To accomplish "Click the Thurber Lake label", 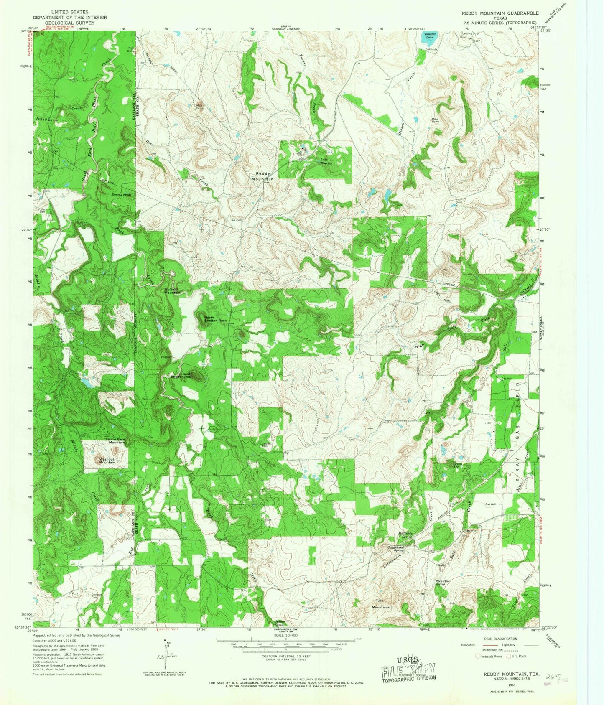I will [x=429, y=36].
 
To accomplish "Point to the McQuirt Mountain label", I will [x=172, y=291].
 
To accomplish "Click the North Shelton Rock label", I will [x=215, y=319].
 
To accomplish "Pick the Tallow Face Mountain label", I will [x=115, y=441].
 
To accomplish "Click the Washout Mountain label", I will [x=107, y=461].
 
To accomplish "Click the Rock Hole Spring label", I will [x=446, y=583].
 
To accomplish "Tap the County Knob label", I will [x=121, y=195].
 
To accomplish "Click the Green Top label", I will [x=457, y=465].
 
